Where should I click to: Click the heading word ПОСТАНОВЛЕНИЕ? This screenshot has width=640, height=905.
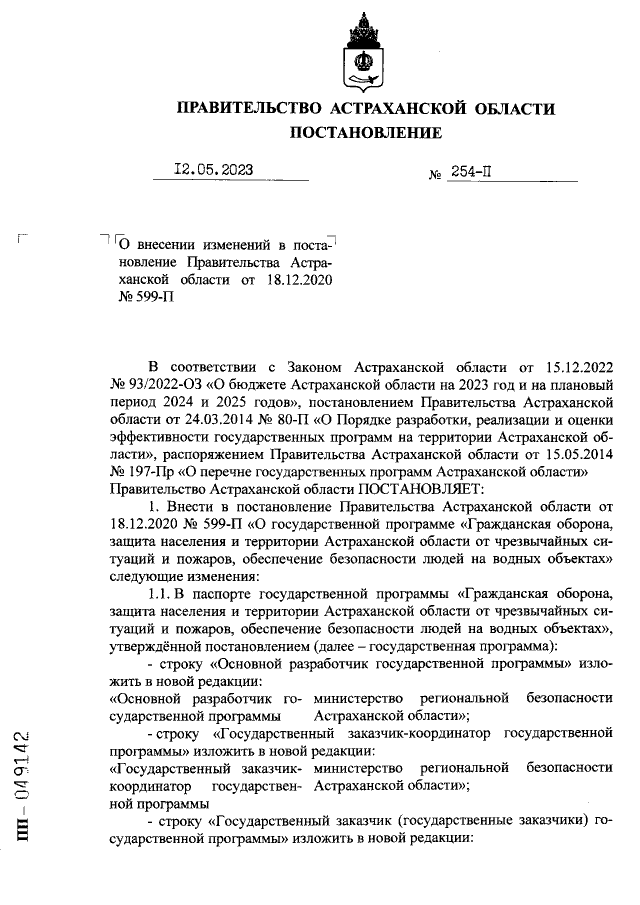coord(366,132)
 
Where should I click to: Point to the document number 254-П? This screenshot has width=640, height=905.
coord(470,171)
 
